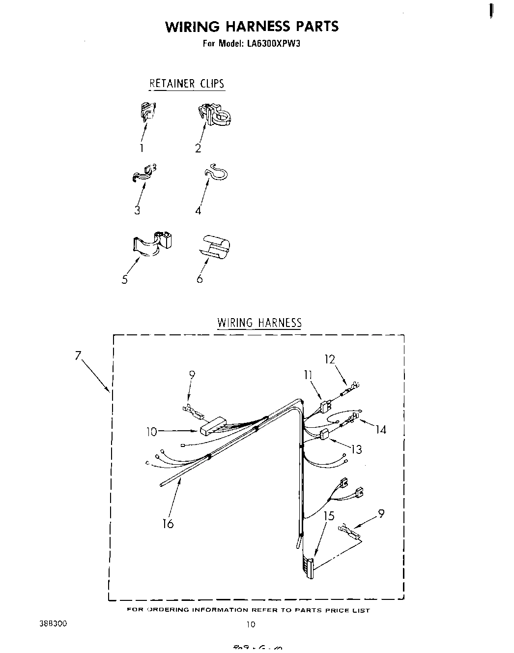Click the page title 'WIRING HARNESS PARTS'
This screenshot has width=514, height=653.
pyautogui.click(x=252, y=26)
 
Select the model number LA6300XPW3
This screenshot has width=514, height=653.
pyautogui.click(x=272, y=43)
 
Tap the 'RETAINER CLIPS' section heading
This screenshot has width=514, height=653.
pyautogui.click(x=187, y=84)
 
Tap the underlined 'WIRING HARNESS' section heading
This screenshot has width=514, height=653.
pyautogui.click(x=259, y=323)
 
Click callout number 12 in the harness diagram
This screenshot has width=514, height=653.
pyautogui.click(x=329, y=359)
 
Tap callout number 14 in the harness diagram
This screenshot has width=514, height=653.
pyautogui.click(x=380, y=430)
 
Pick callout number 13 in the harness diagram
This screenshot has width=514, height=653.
pyautogui.click(x=356, y=449)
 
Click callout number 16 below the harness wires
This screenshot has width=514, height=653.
pyautogui.click(x=168, y=524)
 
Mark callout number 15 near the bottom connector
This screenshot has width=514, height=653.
pyautogui.click(x=329, y=516)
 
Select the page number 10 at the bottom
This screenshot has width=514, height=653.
pyautogui.click(x=251, y=624)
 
